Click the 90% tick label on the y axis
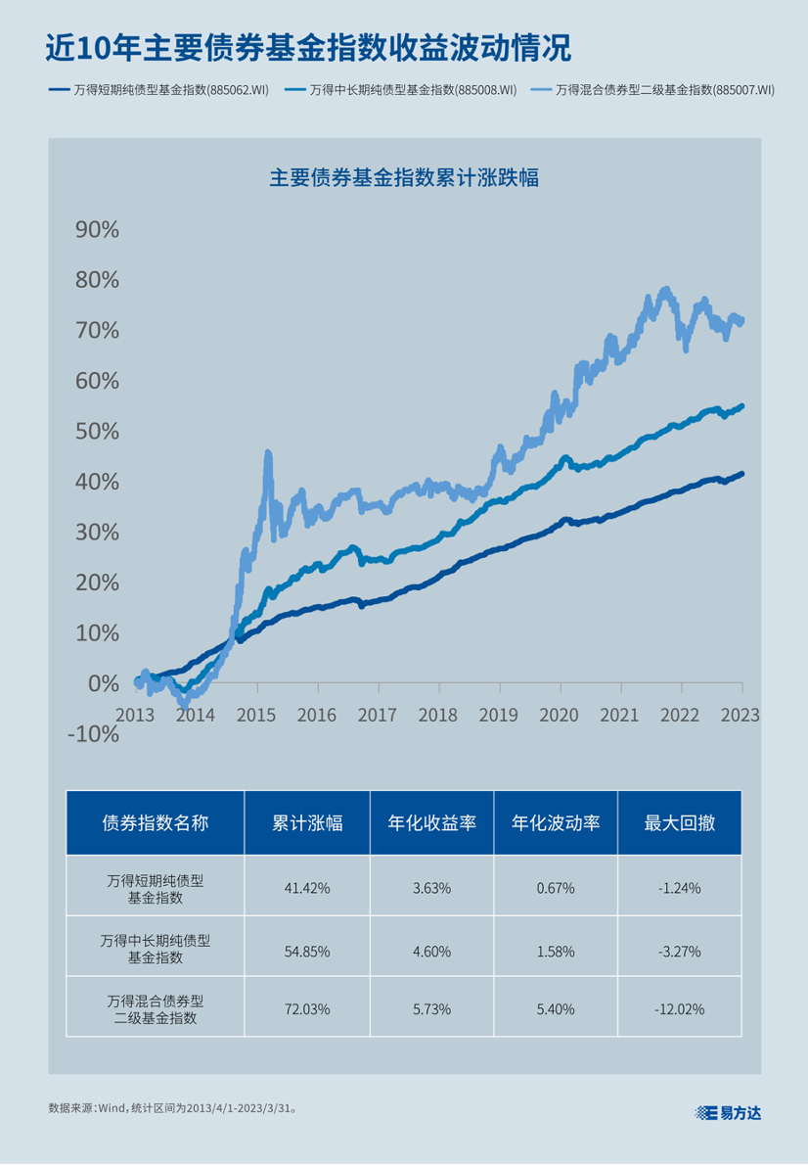(97, 230)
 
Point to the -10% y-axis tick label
(93, 733)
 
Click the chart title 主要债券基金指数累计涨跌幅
(404, 178)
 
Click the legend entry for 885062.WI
(159, 90)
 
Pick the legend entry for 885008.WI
(400, 90)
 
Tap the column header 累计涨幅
(307, 822)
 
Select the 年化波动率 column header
(556, 822)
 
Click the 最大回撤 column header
(680, 822)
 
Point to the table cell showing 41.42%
(307, 888)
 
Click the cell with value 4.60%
(431, 950)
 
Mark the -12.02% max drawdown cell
(680, 1008)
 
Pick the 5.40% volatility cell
(556, 1008)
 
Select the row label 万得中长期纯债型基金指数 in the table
(156, 949)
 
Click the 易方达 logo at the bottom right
(728, 1112)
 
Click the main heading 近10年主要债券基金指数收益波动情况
(308, 48)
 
